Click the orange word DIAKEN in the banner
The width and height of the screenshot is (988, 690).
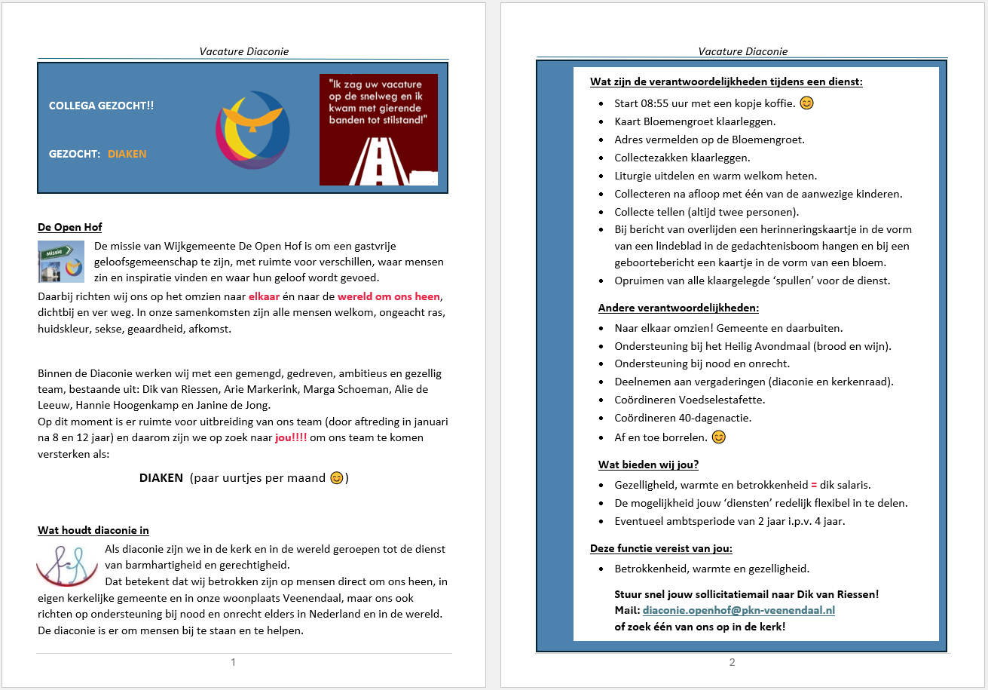tap(127, 154)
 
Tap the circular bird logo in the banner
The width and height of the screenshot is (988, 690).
tap(252, 130)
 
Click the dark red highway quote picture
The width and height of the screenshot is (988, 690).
tap(378, 129)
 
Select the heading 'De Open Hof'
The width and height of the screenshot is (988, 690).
tap(69, 227)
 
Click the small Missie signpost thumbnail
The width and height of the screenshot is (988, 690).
tap(61, 261)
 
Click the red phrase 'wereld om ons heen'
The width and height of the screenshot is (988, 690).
tap(388, 296)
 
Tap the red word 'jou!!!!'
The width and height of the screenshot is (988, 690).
tap(291, 437)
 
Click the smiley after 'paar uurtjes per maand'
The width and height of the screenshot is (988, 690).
tap(337, 478)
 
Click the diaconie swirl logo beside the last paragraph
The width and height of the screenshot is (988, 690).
tap(66, 565)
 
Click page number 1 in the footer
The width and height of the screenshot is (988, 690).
tap(233, 662)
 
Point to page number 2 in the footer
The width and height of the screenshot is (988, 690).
tap(732, 662)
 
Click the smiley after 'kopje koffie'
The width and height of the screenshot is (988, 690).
tap(806, 103)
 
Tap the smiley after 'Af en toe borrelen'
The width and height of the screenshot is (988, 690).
tap(719, 437)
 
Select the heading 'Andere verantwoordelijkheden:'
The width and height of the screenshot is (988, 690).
tap(678, 308)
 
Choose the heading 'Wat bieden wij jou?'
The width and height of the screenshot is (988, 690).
tap(648, 465)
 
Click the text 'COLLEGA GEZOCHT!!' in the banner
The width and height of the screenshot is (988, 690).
tap(101, 106)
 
